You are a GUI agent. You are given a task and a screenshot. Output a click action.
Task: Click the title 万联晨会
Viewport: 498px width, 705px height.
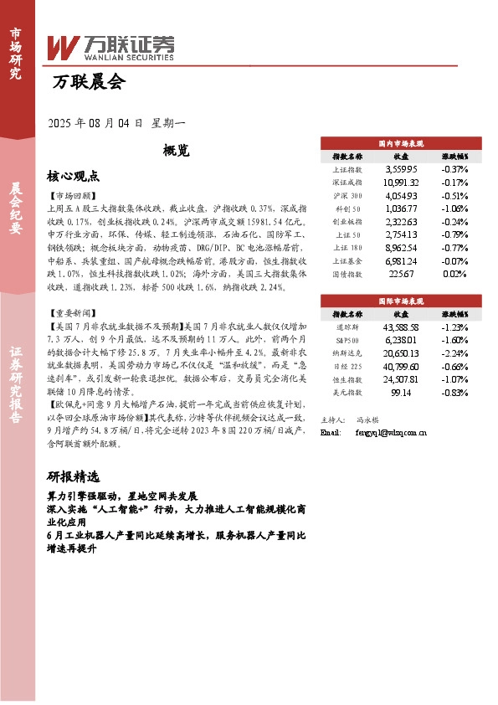88,82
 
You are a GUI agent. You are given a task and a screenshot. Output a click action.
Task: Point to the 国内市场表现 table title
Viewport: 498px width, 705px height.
401,144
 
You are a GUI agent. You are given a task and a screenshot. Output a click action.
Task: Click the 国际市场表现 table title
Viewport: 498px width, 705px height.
401,299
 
